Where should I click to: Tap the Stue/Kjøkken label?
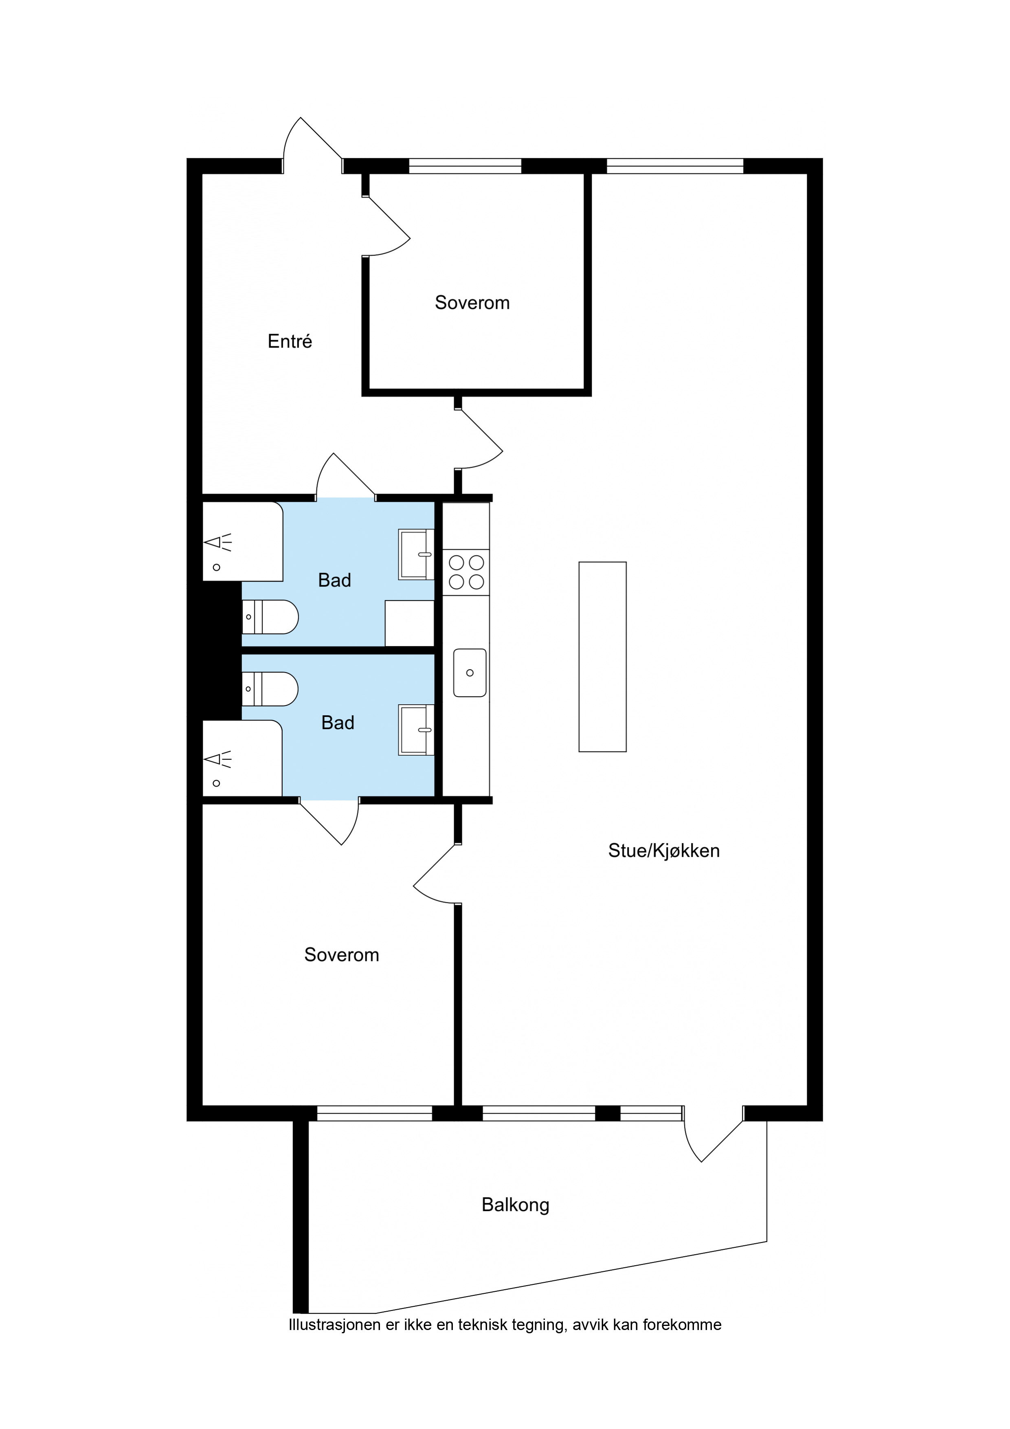tap(663, 851)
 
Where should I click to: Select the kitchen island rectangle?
tap(602, 657)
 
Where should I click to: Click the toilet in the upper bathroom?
tap(270, 617)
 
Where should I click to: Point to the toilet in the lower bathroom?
tap(270, 689)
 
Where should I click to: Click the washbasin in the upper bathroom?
tap(416, 554)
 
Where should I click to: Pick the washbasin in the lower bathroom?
tap(416, 730)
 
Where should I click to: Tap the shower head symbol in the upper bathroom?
tap(218, 542)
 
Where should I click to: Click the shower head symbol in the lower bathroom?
tap(218, 759)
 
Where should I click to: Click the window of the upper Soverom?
tap(465, 166)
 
